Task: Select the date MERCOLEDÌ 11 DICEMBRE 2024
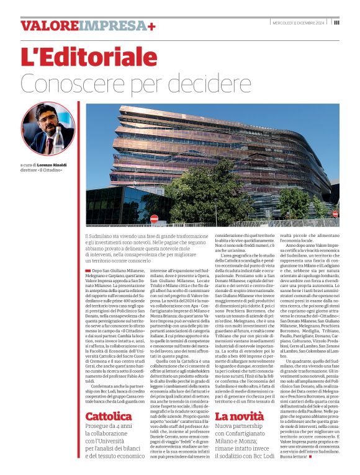pos(299,22)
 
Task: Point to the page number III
pos(336,22)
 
